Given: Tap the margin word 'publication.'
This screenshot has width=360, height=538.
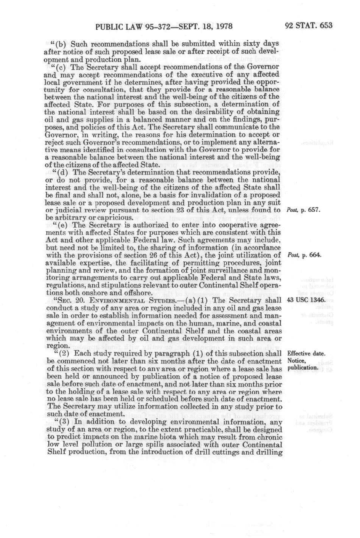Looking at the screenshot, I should (303, 368).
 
